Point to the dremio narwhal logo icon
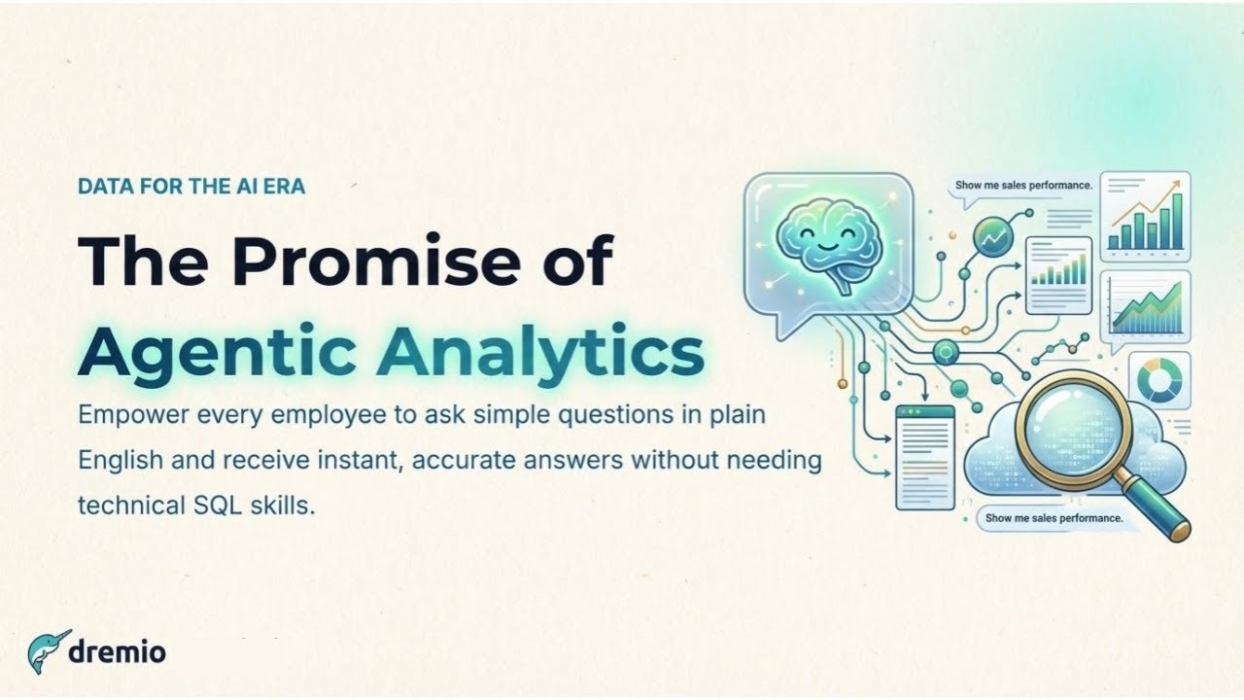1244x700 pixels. click(47, 651)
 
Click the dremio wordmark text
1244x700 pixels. click(117, 652)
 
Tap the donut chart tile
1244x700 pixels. click(1158, 379)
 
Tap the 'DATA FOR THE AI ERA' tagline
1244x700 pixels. click(191, 186)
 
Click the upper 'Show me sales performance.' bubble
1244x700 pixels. click(1023, 185)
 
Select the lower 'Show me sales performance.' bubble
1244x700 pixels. click(1054, 518)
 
